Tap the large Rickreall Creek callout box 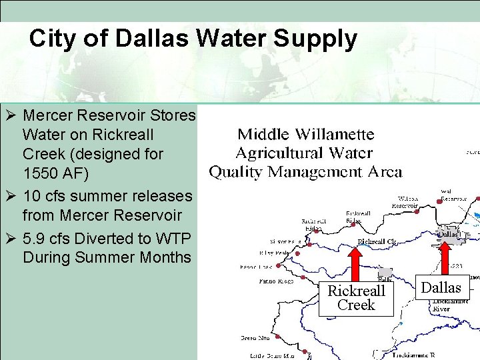357,298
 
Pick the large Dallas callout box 442,287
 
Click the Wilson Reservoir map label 405,202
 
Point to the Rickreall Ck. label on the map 377,241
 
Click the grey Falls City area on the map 385,273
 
